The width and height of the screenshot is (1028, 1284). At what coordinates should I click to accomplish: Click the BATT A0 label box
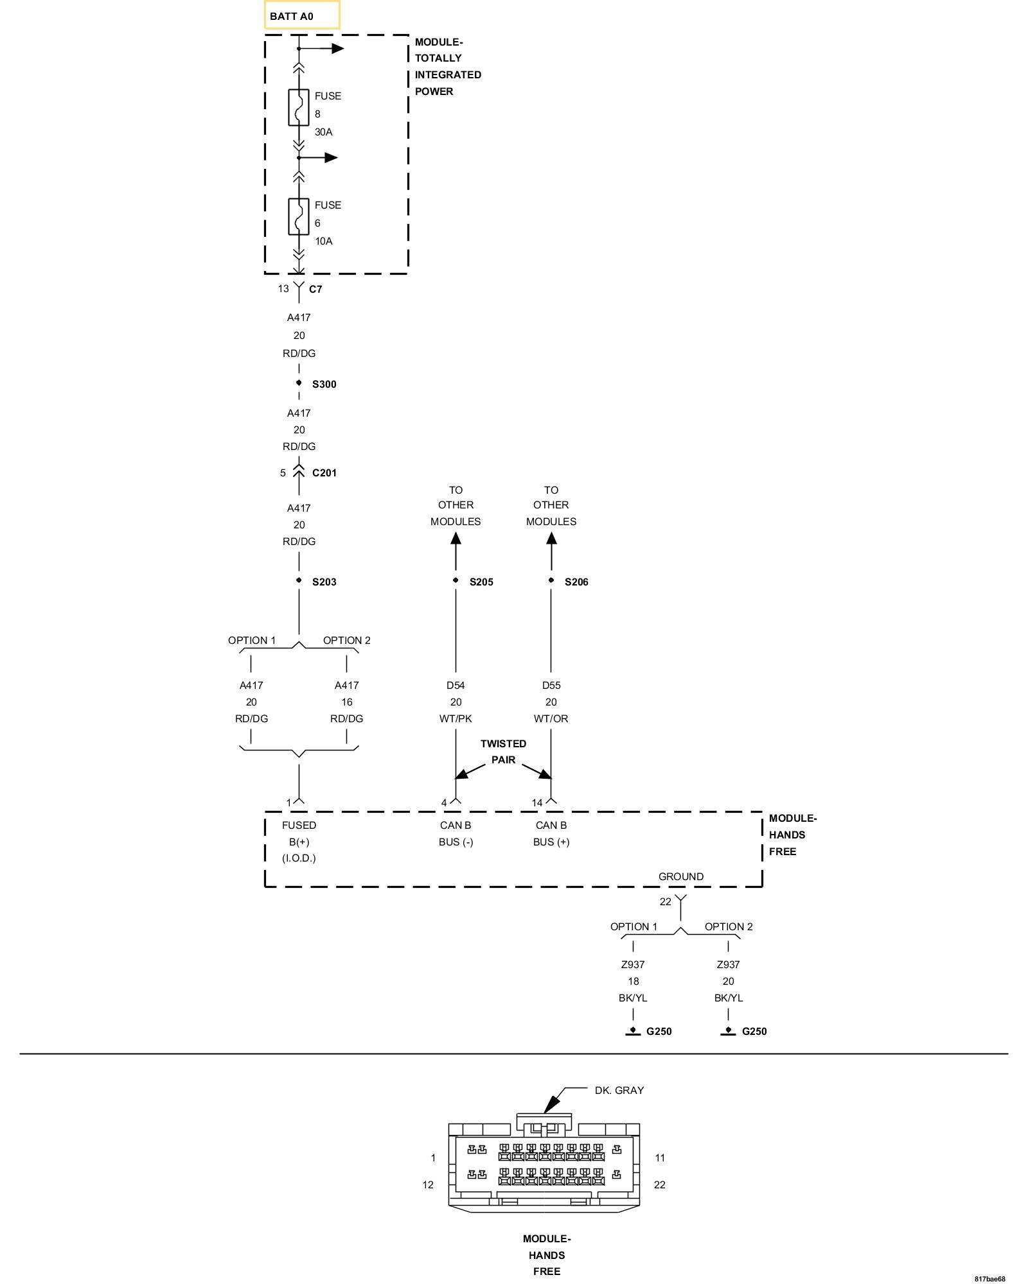(x=301, y=15)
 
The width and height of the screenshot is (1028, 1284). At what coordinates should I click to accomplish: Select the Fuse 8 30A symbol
(x=299, y=107)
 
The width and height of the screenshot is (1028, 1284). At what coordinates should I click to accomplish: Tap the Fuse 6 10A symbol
(x=299, y=216)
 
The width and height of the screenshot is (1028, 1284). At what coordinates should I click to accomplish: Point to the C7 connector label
(x=315, y=289)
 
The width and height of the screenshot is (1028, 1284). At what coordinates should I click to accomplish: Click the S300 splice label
(x=324, y=384)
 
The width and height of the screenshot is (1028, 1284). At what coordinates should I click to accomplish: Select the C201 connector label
(x=324, y=473)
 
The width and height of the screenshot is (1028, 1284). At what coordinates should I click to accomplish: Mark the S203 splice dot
(x=299, y=580)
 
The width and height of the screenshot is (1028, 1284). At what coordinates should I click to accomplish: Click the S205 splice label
(x=481, y=582)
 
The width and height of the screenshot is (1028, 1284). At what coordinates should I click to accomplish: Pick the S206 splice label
(x=576, y=582)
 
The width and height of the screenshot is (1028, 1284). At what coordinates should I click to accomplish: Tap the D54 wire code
(x=456, y=685)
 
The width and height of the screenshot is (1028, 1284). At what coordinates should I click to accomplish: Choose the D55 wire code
(x=551, y=685)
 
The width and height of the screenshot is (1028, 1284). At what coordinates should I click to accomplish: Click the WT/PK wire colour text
(x=456, y=718)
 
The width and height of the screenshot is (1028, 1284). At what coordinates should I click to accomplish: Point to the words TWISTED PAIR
(x=503, y=751)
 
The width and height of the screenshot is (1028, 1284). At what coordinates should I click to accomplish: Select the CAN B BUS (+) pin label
(x=551, y=833)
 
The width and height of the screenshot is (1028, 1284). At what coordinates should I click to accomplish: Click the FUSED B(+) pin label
(x=299, y=833)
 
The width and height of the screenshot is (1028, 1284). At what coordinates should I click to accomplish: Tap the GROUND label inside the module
(x=680, y=876)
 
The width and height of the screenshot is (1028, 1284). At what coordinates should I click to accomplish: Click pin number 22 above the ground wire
(x=665, y=901)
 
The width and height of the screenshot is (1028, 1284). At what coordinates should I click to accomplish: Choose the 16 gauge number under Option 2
(x=346, y=702)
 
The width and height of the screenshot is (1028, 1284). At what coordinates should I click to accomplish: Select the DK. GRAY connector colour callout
(x=619, y=1090)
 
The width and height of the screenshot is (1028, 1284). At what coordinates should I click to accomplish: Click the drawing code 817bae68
(x=989, y=1278)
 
